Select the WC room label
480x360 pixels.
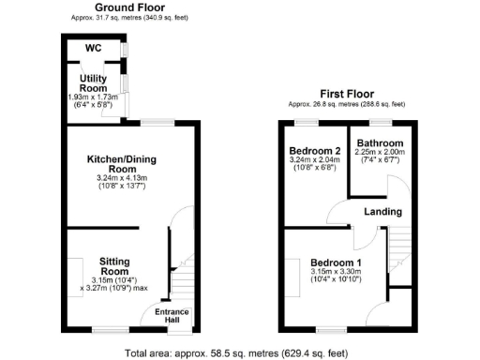pyautogui.click(x=94, y=48)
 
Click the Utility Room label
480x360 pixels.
pyautogui.click(x=95, y=82)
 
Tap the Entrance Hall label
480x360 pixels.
pyautogui.click(x=172, y=316)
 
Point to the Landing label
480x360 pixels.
pyautogui.click(x=384, y=212)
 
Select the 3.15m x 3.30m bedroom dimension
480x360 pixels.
pyautogui.click(x=335, y=272)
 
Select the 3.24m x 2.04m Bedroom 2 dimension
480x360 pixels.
pyautogui.click(x=315, y=162)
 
